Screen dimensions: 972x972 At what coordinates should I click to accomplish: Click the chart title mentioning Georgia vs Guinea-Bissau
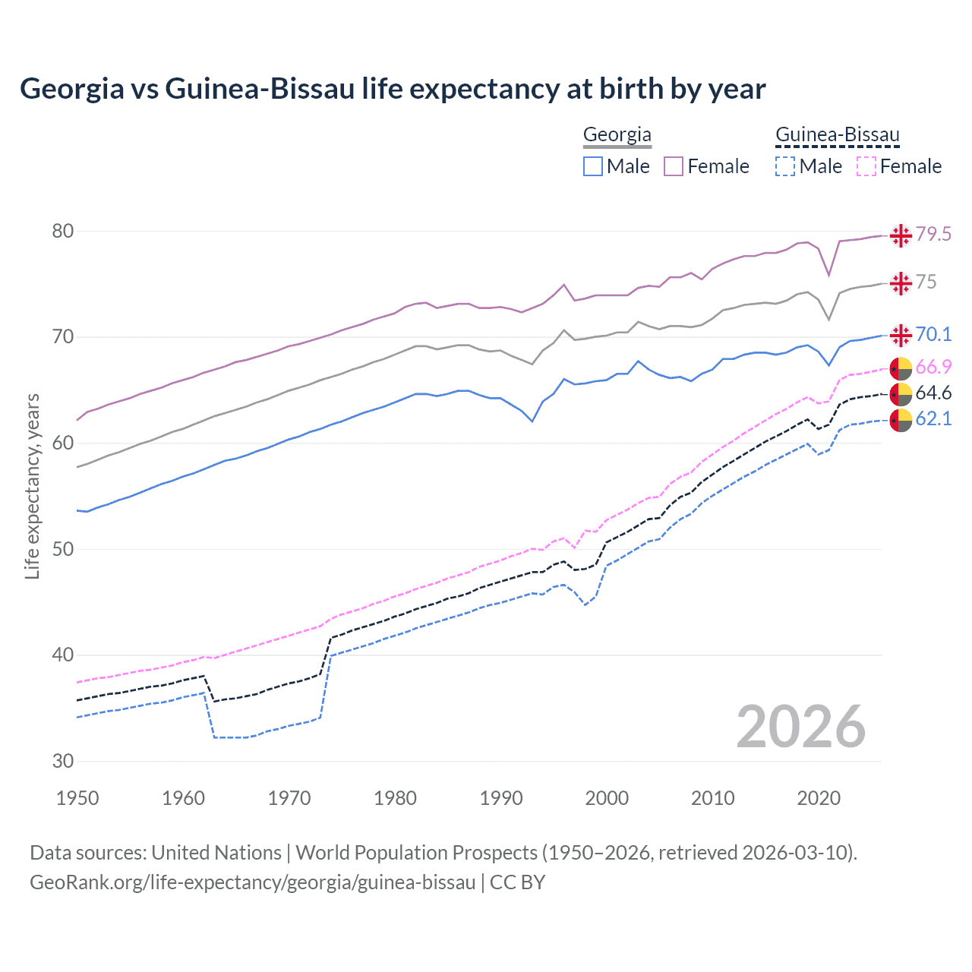[x=393, y=89]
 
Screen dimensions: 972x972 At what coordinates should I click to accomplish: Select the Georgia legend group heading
[x=617, y=135]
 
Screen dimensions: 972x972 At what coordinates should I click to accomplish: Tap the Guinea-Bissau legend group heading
[x=837, y=135]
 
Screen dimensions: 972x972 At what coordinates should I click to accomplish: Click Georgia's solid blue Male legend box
[x=593, y=166]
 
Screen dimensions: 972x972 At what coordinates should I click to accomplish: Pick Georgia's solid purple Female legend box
[x=674, y=166]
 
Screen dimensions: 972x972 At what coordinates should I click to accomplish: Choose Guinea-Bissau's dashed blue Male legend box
[x=785, y=166]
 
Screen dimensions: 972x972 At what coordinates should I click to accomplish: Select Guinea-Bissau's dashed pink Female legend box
[x=866, y=166]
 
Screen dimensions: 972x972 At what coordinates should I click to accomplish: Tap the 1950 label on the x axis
[x=77, y=798]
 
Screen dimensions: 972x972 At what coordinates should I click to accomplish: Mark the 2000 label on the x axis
[x=607, y=798]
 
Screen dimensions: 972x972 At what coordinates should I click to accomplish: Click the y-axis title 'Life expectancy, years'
[x=32, y=486]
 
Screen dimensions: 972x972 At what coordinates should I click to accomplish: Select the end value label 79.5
[x=933, y=235]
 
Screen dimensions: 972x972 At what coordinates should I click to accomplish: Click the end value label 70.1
[x=933, y=335]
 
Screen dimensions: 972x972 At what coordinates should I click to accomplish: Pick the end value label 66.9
[x=933, y=368]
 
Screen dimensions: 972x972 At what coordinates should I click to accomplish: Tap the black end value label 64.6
[x=933, y=393]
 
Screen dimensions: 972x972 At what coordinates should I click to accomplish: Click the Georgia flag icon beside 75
[x=901, y=283]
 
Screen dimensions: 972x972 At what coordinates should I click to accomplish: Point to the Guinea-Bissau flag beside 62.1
[x=901, y=419]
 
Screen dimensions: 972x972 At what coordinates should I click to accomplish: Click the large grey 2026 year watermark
[x=800, y=727]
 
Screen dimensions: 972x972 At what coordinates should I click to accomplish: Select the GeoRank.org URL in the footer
[x=252, y=882]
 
